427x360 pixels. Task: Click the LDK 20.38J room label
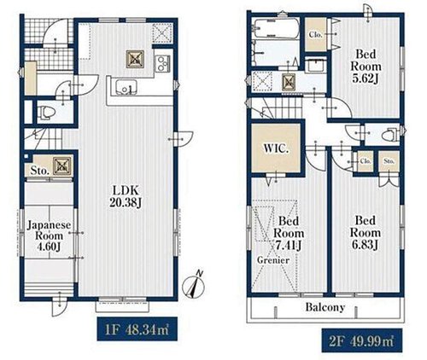tap(126, 196)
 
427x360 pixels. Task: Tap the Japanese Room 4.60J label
tap(49, 235)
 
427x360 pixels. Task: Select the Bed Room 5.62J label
tap(366, 67)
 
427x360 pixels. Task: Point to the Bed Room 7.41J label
tap(289, 233)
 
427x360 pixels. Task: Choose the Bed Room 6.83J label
tap(366, 233)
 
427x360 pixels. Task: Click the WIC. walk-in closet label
tap(276, 148)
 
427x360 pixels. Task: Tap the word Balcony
tap(325, 307)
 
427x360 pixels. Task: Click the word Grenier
tap(273, 260)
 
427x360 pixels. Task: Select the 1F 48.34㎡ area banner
tap(137, 329)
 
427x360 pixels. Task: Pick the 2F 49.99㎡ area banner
tap(362, 340)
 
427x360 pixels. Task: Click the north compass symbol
tap(194, 285)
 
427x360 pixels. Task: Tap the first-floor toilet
tap(46, 112)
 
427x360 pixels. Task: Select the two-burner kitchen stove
tap(162, 64)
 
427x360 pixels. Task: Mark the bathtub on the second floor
tap(276, 28)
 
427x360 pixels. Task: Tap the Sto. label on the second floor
tap(389, 161)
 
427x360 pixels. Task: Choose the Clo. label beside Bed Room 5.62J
tap(315, 35)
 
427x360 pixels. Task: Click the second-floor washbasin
tap(315, 67)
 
